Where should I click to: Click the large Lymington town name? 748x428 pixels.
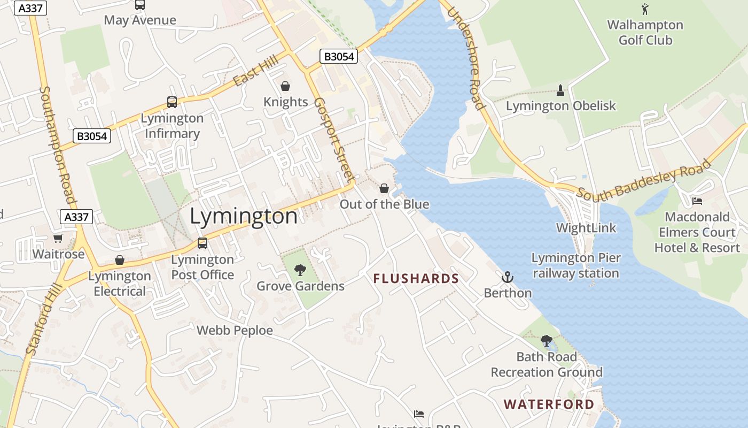click(244, 216)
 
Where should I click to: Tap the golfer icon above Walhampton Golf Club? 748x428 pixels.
click(645, 9)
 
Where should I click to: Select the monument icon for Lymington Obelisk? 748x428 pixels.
click(560, 90)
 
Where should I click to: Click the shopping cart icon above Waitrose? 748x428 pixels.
click(58, 238)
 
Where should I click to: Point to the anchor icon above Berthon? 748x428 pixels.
click(508, 277)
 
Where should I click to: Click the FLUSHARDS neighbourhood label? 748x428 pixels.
click(416, 279)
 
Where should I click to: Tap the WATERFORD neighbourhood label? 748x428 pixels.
click(549, 404)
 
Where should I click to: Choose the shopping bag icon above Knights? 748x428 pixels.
click(285, 86)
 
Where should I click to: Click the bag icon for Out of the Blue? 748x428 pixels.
click(384, 188)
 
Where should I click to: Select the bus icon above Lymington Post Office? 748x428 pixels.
click(202, 243)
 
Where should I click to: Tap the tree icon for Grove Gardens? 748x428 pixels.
click(300, 270)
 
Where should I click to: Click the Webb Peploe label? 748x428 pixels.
click(235, 331)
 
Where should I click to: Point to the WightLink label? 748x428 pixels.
click(586, 228)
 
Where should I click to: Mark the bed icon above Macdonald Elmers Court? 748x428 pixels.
click(697, 201)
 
